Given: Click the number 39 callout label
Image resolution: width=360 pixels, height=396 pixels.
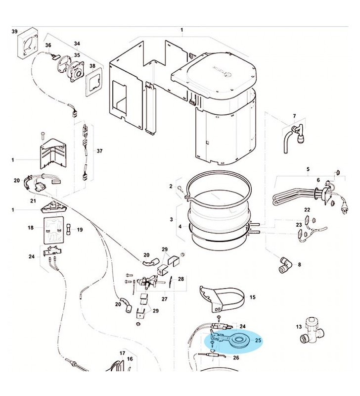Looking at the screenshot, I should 14,31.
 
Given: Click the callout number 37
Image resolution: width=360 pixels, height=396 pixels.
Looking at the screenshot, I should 99,150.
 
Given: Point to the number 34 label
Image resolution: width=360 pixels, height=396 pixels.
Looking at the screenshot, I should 77,44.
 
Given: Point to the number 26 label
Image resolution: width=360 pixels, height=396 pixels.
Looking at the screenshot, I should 235,357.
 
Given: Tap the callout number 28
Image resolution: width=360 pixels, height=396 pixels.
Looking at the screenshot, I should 181,279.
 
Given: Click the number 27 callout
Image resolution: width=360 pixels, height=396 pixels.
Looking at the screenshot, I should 165,299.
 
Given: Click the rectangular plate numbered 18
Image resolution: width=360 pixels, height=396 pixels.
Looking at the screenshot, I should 52,230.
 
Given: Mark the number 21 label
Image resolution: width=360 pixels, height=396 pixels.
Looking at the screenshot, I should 33,200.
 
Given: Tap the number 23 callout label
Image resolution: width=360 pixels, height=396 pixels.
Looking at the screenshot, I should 299,225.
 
